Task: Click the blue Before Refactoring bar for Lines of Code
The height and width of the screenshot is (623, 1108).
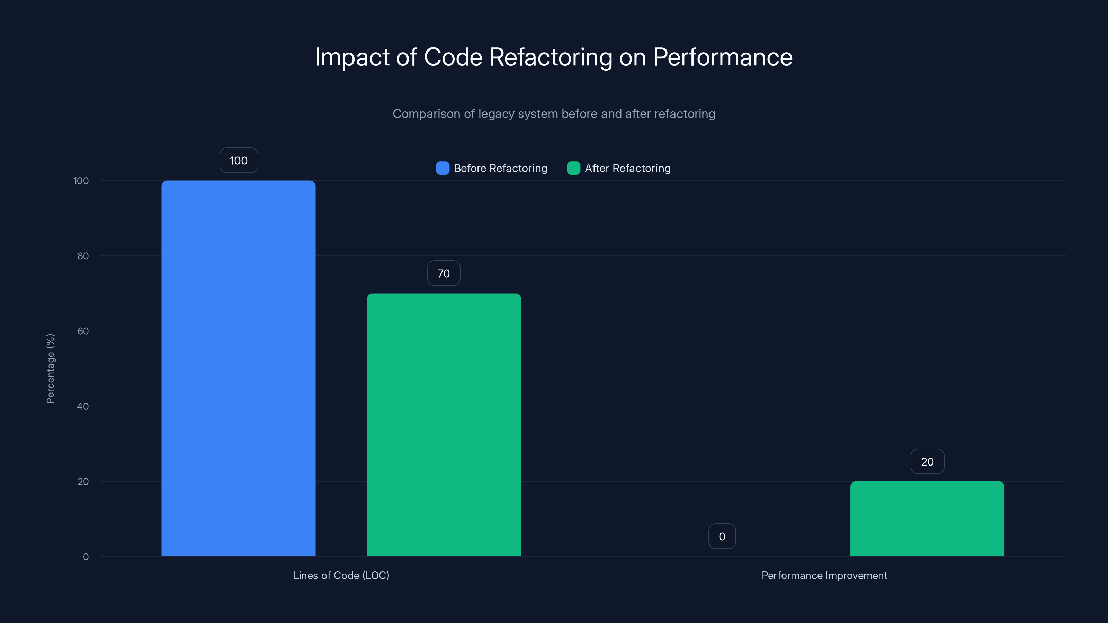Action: coord(238,368)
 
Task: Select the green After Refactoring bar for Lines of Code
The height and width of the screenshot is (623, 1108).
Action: coord(444,425)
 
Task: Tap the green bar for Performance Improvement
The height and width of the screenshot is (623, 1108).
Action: coord(927,518)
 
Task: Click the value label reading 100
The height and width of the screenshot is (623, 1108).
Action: coord(239,160)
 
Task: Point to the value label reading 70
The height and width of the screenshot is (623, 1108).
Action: coord(444,273)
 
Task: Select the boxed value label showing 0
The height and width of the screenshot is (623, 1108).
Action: coord(722,536)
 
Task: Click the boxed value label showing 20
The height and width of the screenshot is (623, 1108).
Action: coord(927,461)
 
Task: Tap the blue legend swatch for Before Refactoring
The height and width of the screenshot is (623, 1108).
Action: coord(442,168)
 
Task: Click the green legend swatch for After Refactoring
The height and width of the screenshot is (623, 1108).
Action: coord(573,168)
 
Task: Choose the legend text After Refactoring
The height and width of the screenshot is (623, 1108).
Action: coord(627,168)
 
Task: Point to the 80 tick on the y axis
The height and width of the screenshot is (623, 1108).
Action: coord(83,256)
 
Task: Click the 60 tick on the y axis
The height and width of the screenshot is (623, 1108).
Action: coord(83,331)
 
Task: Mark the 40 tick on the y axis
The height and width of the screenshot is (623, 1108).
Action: coord(83,406)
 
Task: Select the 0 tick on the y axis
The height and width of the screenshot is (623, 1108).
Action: coord(86,557)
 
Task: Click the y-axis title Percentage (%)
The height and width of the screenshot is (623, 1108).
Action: coord(50,369)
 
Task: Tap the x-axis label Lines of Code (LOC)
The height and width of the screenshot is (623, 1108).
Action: coord(341,575)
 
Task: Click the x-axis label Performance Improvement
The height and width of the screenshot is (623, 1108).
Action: coord(824,575)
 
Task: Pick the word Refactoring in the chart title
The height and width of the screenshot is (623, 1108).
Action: coord(550,57)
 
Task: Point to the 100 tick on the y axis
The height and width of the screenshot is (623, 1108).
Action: coord(81,181)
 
